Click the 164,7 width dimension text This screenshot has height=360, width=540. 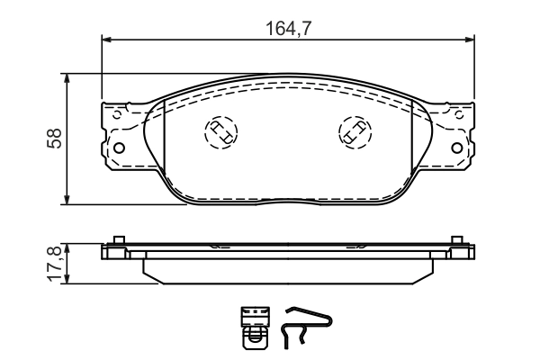click(288, 29)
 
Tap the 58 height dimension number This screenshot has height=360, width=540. click(55, 139)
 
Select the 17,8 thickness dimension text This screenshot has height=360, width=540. click(53, 263)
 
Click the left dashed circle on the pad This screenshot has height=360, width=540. click(219, 132)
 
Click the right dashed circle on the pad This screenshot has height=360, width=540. click(355, 132)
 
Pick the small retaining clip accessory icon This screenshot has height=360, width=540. click(255, 326)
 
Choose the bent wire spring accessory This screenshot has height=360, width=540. click(307, 326)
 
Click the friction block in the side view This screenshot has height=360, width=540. click(288, 271)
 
